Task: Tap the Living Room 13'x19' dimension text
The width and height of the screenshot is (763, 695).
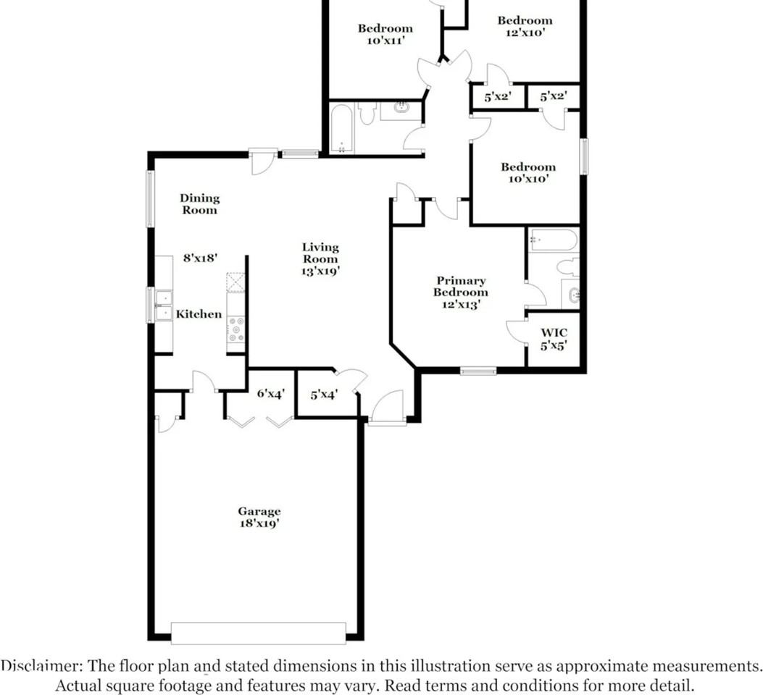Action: click(320, 271)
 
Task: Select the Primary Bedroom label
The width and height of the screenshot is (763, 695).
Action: click(460, 287)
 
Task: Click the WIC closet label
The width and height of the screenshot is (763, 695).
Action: click(554, 333)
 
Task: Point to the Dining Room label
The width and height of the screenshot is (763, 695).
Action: click(199, 203)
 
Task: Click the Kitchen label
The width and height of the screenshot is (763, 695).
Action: click(199, 314)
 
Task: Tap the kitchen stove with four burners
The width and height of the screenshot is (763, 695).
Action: click(236, 329)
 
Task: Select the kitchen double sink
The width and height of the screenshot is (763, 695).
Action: click(164, 305)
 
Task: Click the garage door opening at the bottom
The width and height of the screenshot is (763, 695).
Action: click(258, 633)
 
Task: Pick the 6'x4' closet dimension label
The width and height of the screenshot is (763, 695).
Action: click(271, 395)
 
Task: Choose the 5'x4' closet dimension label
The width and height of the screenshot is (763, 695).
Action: click(324, 395)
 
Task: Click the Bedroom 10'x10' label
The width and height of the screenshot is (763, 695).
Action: click(528, 172)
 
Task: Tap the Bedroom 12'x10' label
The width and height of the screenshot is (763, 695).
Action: click(525, 26)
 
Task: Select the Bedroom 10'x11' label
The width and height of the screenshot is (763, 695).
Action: click(385, 34)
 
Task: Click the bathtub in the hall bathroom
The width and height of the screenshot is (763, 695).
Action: click(341, 128)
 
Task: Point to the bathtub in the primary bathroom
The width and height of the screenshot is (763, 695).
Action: click(554, 240)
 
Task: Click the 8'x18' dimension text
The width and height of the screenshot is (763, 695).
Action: click(201, 257)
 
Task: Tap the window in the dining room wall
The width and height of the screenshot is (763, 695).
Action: click(151, 199)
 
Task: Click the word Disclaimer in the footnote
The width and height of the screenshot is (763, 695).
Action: click(34, 666)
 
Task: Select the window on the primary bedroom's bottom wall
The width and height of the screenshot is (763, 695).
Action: click(478, 371)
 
